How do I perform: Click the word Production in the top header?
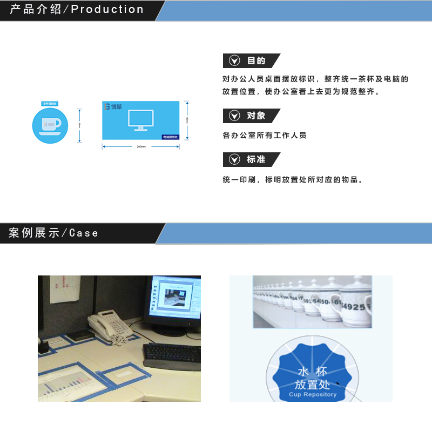[107, 10]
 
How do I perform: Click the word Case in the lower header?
[84, 233]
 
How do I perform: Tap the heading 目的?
[256, 60]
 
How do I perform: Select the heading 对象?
[256, 116]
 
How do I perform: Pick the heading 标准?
[256, 159]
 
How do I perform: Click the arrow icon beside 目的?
[234, 60]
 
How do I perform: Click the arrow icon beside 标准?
[234, 159]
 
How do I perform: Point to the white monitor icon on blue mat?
[140, 120]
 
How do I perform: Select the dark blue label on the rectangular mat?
[170, 137]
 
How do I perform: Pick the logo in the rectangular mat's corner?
[113, 107]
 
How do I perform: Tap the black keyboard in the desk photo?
[171, 353]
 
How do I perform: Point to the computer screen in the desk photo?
[175, 300]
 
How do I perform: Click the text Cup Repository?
[312, 394]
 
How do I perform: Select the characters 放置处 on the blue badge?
[312, 384]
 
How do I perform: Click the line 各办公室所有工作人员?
[264, 136]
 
